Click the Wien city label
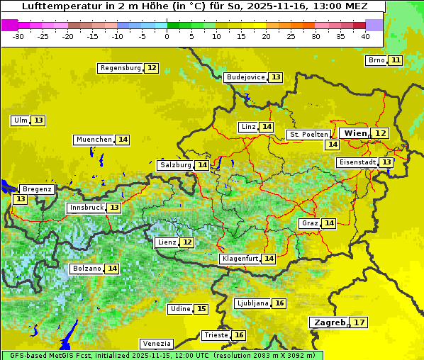[x=355, y=133]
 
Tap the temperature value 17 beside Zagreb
[x=359, y=322]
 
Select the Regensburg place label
[x=121, y=68]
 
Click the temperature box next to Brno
[x=395, y=60]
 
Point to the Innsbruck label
[x=86, y=208]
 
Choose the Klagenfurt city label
[x=240, y=259]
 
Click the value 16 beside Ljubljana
[x=279, y=303]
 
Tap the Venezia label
[x=156, y=344]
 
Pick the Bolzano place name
[x=87, y=269]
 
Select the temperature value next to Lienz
[x=186, y=242]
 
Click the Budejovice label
[x=245, y=77]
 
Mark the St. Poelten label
[x=308, y=134]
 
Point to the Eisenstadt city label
[x=357, y=162]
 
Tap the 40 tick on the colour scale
[x=365, y=35]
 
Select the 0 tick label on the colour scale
[x=167, y=35]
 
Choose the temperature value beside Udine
[x=201, y=309]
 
